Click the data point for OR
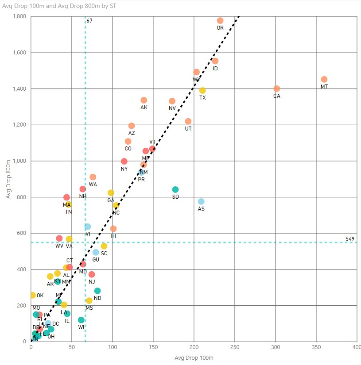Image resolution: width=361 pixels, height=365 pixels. tap(220, 20)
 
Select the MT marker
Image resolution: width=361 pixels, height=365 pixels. tap(324, 79)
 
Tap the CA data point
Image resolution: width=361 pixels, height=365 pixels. tap(277, 88)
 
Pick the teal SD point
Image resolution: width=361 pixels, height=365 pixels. tap(175, 189)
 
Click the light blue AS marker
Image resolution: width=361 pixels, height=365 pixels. tap(201, 201)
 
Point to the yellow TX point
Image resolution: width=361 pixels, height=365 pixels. tap(202, 90)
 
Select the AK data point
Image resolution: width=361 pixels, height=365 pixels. tap(144, 100)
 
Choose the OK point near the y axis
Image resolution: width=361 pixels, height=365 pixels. tap(32, 295)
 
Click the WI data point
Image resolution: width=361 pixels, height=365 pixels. tap(81, 320)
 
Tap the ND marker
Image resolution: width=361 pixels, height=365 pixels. tap(97, 291)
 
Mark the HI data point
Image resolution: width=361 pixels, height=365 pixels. tap(113, 229)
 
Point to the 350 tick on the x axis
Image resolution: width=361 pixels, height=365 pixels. tap(316, 348)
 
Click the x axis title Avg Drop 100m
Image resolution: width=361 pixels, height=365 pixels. tap(194, 357)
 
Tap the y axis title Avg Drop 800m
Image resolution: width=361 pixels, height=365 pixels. tap(8, 179)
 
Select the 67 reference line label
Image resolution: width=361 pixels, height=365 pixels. tap(89, 21)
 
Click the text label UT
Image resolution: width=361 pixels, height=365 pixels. tap(188, 129)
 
